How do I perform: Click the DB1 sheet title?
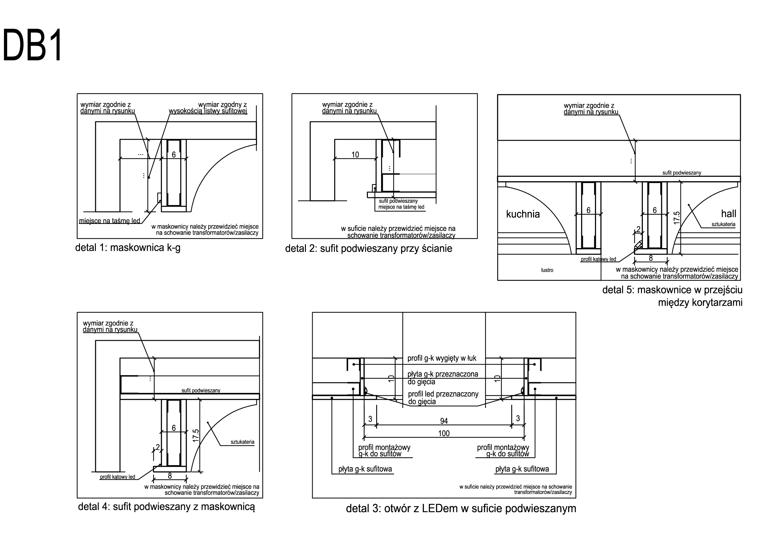click(x=33, y=45)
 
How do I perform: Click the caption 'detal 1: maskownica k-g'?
click(x=128, y=248)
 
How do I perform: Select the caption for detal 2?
click(x=368, y=249)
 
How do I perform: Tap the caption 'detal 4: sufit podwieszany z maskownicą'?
click(x=166, y=507)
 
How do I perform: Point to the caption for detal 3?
click(x=461, y=508)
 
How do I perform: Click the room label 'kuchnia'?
click(x=523, y=214)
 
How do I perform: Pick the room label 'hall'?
click(x=729, y=214)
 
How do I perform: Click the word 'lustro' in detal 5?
click(x=547, y=270)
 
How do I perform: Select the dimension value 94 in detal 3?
click(x=444, y=421)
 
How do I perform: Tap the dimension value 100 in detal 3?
click(x=444, y=433)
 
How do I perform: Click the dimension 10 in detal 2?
click(x=355, y=155)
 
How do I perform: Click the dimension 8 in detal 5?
click(x=651, y=258)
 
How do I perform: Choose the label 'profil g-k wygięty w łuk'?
click(x=442, y=358)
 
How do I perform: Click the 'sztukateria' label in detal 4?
click(x=242, y=442)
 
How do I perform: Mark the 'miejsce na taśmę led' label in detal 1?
click(x=110, y=221)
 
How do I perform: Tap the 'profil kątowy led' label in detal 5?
click(x=598, y=259)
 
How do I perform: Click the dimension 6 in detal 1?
click(x=174, y=155)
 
